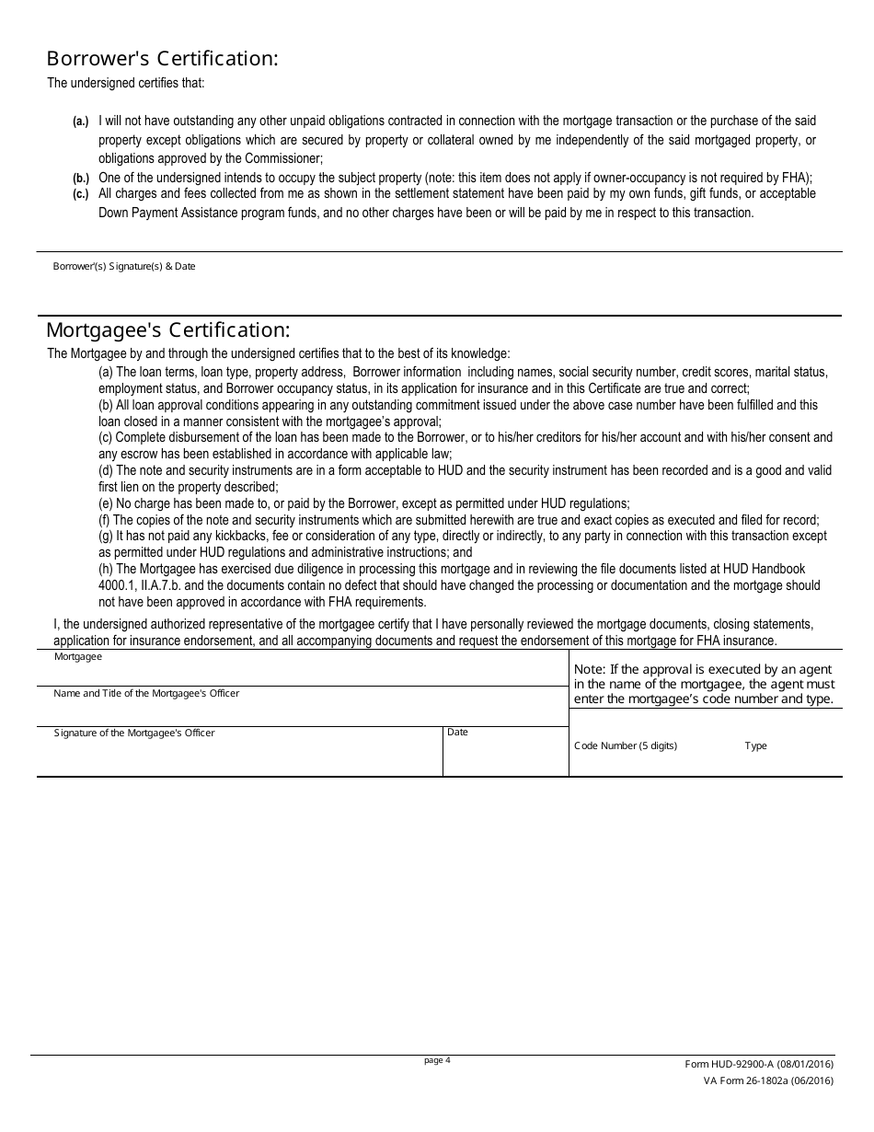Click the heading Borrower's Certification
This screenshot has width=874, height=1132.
[162, 59]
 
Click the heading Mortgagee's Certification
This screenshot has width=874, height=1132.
[168, 329]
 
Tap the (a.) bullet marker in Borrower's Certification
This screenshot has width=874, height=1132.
[81, 121]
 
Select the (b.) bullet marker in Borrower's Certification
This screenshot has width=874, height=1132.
[81, 178]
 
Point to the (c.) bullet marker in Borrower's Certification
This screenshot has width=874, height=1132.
[81, 194]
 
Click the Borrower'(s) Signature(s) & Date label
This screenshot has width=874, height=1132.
[124, 267]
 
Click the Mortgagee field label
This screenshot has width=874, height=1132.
[78, 657]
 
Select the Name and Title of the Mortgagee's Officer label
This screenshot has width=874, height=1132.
[146, 693]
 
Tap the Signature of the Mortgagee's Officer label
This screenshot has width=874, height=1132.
[134, 733]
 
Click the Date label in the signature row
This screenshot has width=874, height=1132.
[457, 733]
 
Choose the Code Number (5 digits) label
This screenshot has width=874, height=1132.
[626, 746]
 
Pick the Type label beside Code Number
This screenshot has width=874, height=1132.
[755, 746]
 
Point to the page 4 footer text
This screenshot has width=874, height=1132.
[437, 1060]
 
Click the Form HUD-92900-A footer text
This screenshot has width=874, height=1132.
[759, 1065]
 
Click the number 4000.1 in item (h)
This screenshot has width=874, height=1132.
[117, 586]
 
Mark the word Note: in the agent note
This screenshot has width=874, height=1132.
[590, 670]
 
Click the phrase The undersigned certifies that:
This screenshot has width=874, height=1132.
[126, 84]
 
